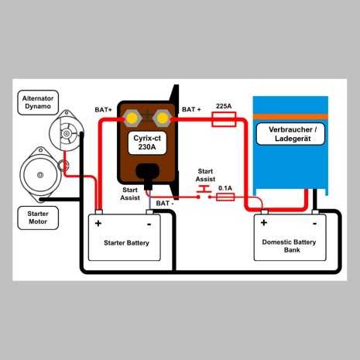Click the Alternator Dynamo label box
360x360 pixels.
point(37,103)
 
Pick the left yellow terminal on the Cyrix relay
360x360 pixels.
point(132,118)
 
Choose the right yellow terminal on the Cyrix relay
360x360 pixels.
point(163,118)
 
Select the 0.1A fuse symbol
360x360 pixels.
point(225,197)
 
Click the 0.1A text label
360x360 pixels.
point(225,187)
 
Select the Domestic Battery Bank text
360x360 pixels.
point(290,246)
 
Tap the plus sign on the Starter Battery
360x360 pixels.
point(98,224)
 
